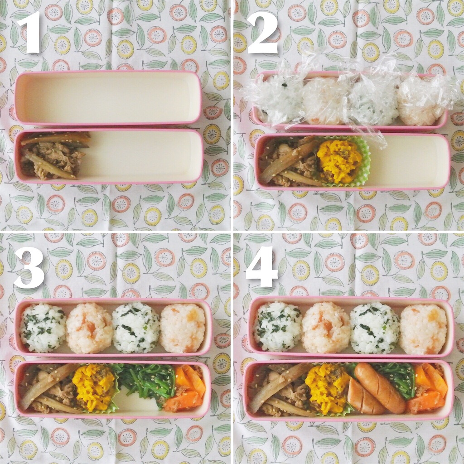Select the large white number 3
[x=29, y=268]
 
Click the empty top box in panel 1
[x=108, y=98]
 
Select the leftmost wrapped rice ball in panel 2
[x=277, y=99]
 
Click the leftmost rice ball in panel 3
[x=43, y=328]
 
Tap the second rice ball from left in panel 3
[x=90, y=328]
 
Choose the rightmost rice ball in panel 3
[x=183, y=328]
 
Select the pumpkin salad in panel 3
[x=94, y=386]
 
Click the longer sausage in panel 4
[x=379, y=388]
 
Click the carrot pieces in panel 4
[x=426, y=388]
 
